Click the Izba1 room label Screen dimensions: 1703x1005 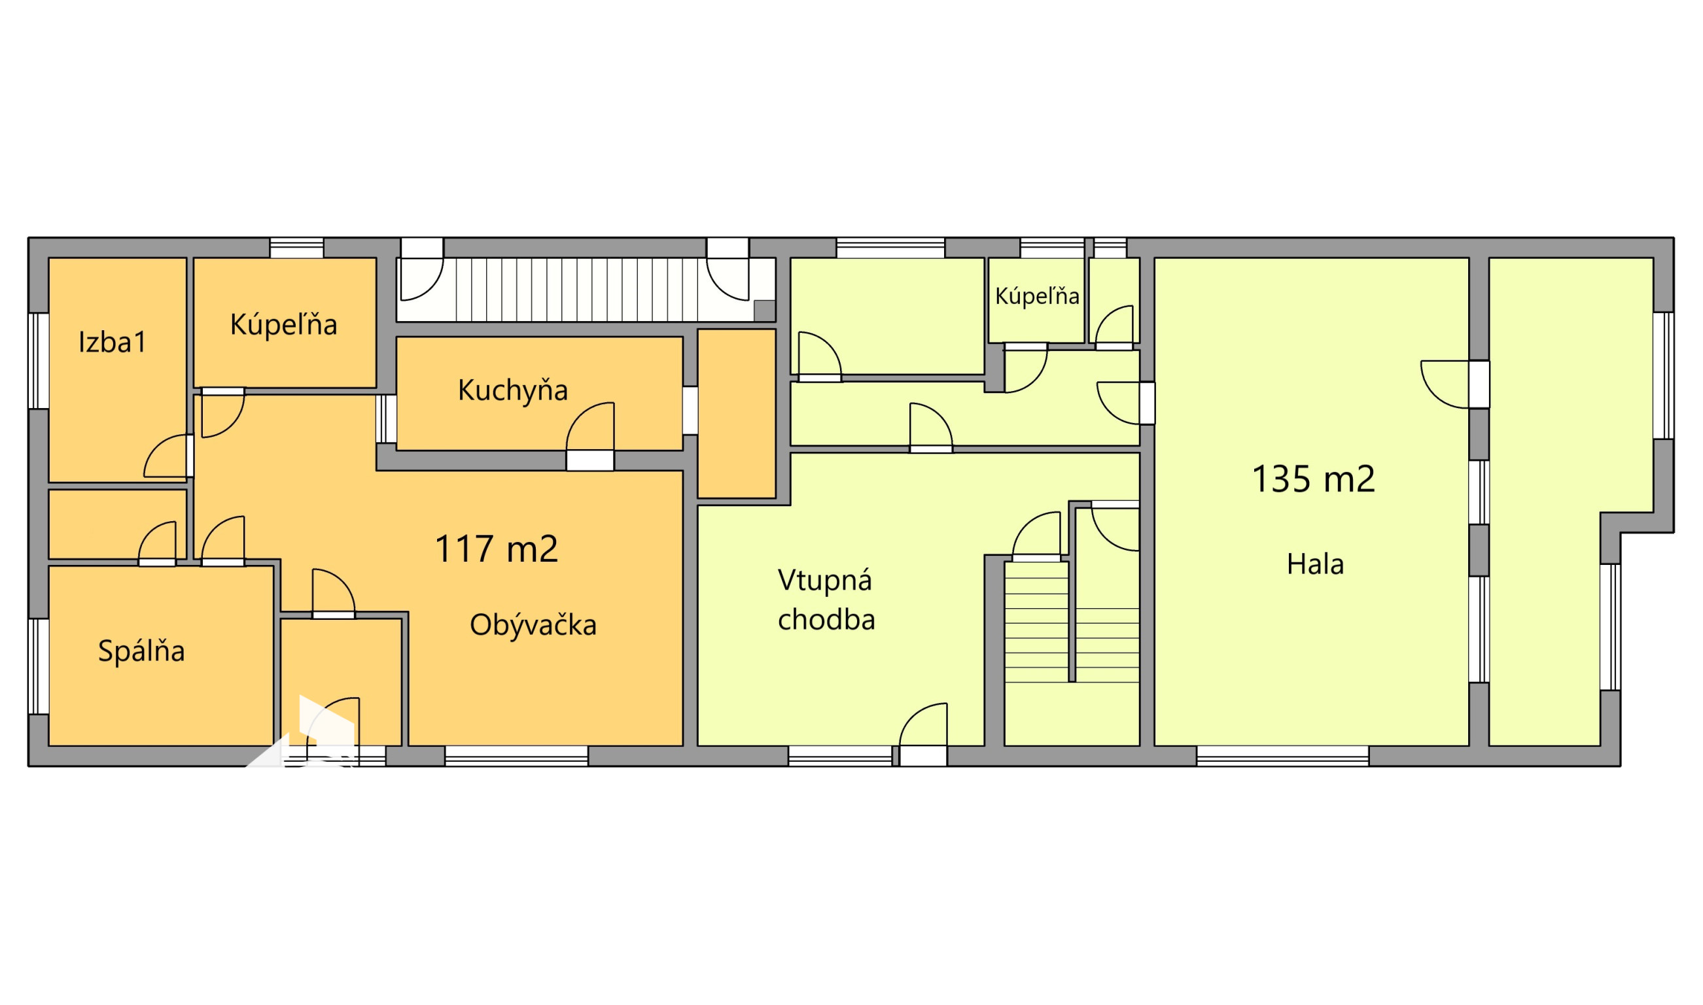113,342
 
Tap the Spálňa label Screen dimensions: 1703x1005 141,651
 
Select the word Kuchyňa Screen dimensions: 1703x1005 513,390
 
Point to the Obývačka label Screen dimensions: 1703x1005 533,625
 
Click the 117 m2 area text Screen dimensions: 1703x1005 497,549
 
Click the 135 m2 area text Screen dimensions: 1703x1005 1314,479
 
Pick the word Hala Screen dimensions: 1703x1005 1315,564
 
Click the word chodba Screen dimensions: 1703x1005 826,620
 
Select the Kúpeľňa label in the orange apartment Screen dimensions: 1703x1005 283,325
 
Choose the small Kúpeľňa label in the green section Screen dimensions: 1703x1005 1036,296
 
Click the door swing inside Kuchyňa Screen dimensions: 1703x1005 590,426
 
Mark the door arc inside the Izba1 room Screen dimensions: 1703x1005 166,456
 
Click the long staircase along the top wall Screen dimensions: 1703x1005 582,289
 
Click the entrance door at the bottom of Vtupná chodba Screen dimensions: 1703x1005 922,735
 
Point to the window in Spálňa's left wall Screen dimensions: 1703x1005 39,666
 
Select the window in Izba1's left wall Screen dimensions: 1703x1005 39,361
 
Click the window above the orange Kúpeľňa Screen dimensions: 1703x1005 297,248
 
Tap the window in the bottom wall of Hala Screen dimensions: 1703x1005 1282,756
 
